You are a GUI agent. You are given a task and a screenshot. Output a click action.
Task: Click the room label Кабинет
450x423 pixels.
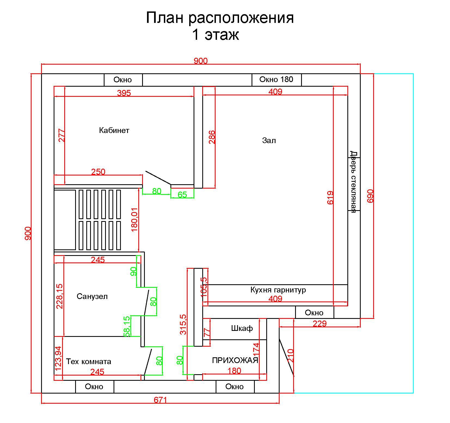coord(114,130)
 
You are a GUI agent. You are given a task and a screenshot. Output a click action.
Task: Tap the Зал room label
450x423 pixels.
coord(269,140)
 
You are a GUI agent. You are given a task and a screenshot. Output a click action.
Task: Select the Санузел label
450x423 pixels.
coord(92,296)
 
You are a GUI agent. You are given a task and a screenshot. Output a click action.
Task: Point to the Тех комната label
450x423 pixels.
coord(88,362)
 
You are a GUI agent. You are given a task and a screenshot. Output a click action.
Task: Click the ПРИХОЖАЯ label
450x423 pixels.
coord(235,361)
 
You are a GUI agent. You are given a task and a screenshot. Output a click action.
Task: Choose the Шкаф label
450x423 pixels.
coord(242,328)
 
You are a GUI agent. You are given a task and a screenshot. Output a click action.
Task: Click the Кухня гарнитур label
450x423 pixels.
coord(278,290)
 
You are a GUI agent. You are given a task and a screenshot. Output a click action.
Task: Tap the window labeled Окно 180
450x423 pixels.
coord(276,79)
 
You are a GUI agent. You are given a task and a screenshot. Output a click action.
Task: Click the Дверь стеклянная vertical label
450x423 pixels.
coord(353,182)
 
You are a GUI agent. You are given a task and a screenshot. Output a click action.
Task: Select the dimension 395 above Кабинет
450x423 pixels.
coord(124,93)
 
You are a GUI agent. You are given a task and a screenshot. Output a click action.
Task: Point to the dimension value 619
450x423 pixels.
coord(330,198)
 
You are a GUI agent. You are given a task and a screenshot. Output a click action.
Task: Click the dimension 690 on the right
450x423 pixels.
coord(371,196)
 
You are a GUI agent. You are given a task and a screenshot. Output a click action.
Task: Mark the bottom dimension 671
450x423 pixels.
coord(160,400)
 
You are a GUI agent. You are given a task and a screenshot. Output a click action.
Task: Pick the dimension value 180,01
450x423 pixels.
coord(135,220)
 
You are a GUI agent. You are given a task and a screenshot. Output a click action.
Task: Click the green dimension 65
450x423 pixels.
coord(182,195)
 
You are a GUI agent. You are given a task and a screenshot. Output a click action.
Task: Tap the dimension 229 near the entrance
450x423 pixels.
coord(319,324)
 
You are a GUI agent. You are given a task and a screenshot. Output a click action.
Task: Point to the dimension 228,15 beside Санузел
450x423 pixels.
coord(59,296)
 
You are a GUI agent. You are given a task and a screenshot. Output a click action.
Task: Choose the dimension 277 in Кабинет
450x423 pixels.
coord(62,135)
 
